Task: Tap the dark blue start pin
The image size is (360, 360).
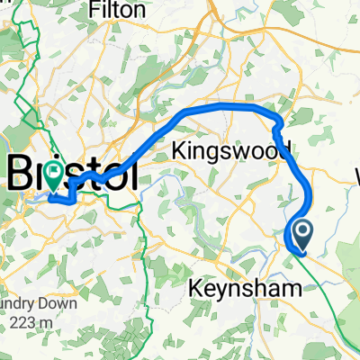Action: click(302, 235)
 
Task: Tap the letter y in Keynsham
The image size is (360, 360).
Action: click(220, 292)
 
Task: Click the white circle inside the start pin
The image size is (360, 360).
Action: click(302, 232)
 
